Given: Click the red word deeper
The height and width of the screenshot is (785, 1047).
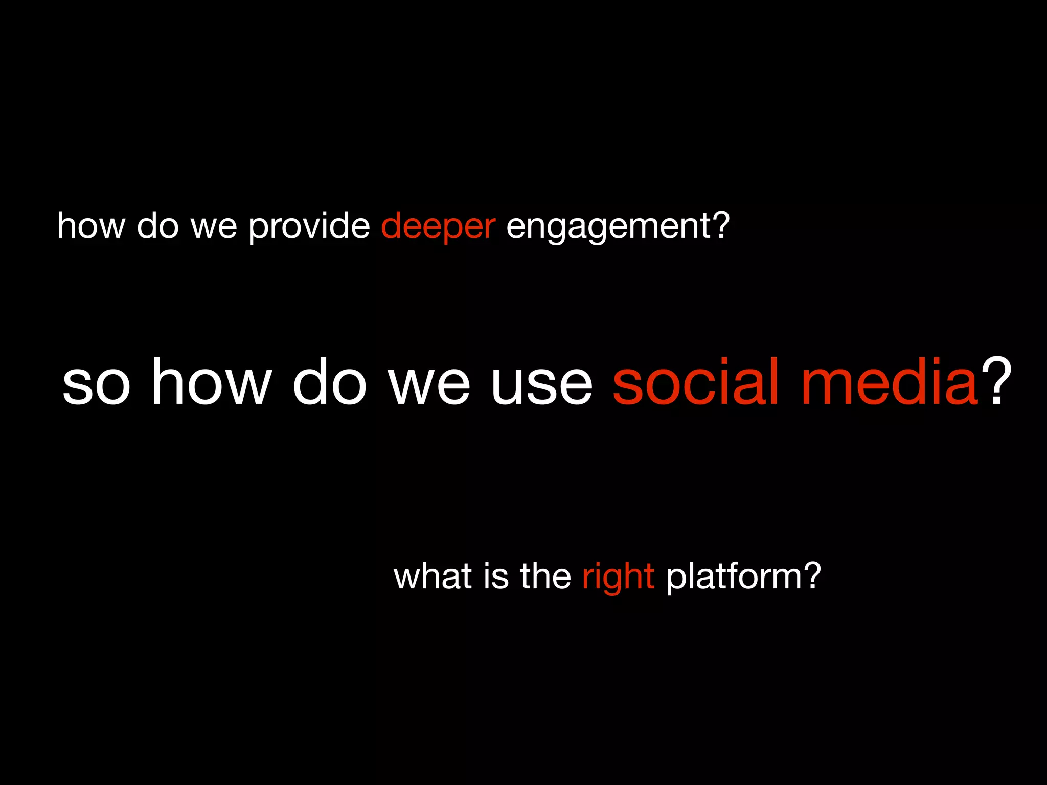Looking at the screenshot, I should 438,226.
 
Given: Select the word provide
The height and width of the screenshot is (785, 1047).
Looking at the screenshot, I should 309,226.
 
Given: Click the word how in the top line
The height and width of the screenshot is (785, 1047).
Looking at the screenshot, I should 91,226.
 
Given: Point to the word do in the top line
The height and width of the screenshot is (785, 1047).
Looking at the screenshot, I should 158,226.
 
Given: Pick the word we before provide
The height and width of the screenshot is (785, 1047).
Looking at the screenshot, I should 214,226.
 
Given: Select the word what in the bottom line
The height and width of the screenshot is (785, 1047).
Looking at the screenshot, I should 433,576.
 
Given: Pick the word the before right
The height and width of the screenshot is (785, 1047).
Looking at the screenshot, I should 545,576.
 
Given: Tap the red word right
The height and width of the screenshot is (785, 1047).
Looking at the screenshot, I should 618,577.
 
